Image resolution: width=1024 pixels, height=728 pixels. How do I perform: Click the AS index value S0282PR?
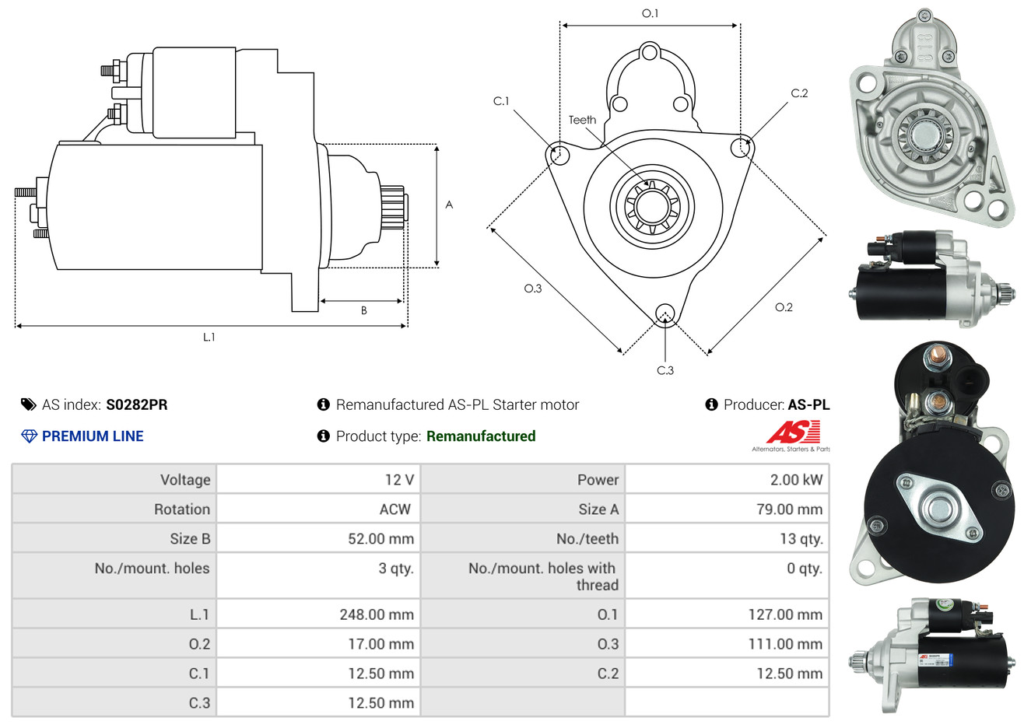coord(136,404)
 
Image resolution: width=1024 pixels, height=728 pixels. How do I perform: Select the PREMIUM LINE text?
coord(93,436)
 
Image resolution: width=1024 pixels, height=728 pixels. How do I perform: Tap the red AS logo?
coord(793,432)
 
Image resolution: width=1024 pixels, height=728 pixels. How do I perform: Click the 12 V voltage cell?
coord(399,480)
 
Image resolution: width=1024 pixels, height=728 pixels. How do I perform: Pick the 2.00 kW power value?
coord(796,480)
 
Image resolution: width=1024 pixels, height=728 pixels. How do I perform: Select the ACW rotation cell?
coord(395,509)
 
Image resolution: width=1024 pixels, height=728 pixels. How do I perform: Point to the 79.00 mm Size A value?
coord(789,509)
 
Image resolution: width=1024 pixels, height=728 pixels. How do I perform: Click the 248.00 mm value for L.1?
coord(377,614)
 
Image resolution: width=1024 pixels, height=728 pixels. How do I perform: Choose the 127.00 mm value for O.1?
coord(785,614)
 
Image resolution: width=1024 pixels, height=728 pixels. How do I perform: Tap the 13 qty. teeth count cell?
coord(801,539)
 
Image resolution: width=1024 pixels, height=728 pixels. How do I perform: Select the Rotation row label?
coord(182,509)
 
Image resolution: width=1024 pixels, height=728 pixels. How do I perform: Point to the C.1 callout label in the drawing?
coord(501,101)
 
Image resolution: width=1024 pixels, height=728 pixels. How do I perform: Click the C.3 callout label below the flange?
coord(665,370)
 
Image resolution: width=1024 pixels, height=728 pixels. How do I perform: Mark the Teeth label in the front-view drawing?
coord(582,120)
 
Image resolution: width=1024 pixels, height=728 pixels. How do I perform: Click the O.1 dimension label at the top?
coord(650,13)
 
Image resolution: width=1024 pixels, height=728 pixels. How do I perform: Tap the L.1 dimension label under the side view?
coord(209,337)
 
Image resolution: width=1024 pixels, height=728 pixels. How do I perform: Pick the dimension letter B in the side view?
coord(363,310)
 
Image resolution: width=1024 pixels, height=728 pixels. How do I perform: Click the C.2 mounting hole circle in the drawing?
coord(742,147)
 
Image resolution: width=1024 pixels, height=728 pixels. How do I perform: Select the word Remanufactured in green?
coord(481,436)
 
